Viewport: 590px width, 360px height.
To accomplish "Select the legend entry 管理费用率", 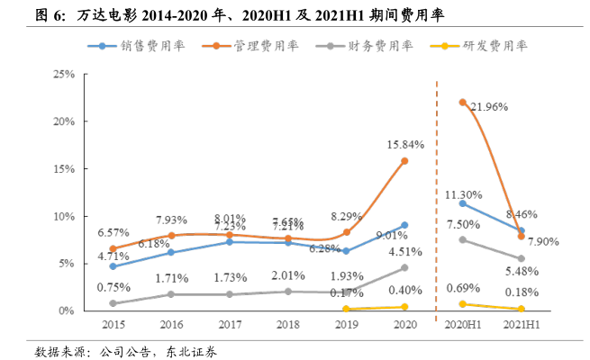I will (259, 45).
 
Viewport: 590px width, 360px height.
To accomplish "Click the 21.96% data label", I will (490, 107).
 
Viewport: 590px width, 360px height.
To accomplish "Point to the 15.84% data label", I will (405, 144).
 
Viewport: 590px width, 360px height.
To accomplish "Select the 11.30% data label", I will (463, 194).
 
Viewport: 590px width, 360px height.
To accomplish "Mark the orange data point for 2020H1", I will (463, 103).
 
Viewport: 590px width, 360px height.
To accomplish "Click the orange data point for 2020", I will (404, 160).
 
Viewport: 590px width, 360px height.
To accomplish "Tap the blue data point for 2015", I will (113, 266).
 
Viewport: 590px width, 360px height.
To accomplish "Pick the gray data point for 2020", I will (404, 267).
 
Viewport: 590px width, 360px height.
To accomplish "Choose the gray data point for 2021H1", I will (522, 258).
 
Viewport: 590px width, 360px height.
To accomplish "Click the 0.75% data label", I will (113, 287).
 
